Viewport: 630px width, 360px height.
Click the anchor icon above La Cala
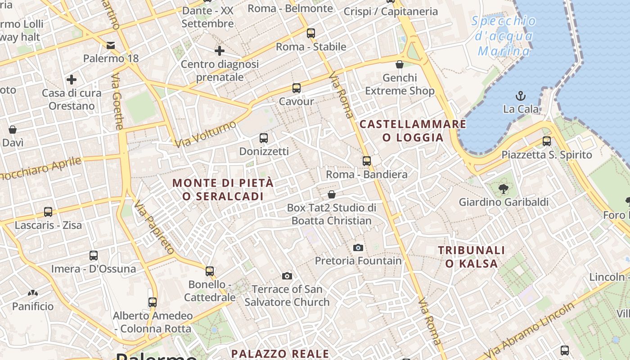pos(521,95)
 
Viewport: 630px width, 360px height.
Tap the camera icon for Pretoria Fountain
pos(358,247)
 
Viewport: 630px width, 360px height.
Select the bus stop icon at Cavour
pos(296,88)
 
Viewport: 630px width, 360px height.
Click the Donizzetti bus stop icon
pos(264,138)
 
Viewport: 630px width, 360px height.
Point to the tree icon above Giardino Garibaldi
pos(503,189)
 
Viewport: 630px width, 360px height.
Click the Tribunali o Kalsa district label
pos(471,256)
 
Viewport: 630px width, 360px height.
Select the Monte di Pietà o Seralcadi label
pos(223,189)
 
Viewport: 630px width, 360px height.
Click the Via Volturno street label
pos(206,134)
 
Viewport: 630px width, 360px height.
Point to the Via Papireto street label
pos(154,227)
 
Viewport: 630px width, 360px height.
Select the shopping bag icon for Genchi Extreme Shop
pos(399,64)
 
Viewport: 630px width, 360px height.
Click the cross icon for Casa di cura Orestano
pos(71,80)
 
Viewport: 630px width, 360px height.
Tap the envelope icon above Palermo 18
pos(111,45)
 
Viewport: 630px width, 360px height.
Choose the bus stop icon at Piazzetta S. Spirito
pos(547,141)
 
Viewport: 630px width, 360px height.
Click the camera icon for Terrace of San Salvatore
pos(287,276)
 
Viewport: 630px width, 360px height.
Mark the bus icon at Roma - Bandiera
pos(367,161)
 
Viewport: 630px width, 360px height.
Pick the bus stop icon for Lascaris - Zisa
pos(48,211)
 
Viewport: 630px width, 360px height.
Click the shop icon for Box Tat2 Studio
pos(332,194)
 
